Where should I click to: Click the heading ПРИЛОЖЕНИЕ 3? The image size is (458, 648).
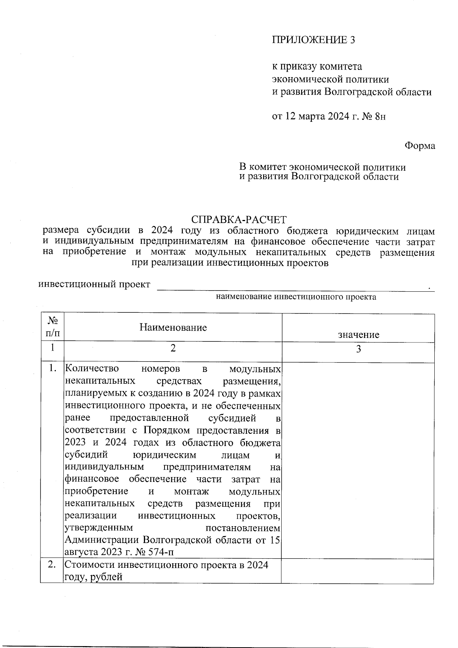click(x=313, y=40)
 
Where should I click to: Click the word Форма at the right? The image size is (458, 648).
click(x=419, y=146)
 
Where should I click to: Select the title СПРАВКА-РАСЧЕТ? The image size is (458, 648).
click(x=239, y=220)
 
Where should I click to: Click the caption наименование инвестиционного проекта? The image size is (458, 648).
click(x=296, y=297)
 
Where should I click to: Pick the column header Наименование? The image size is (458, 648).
click(x=173, y=327)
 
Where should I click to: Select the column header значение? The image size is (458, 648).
click(x=358, y=335)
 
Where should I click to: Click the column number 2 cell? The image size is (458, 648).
click(x=173, y=348)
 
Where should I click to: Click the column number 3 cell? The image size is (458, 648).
click(x=358, y=349)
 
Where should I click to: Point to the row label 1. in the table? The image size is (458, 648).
click(x=52, y=369)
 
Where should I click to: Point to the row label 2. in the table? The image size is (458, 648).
click(x=52, y=565)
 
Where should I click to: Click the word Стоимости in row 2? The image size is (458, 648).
click(x=90, y=565)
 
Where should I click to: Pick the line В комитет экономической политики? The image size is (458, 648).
click(x=322, y=167)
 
